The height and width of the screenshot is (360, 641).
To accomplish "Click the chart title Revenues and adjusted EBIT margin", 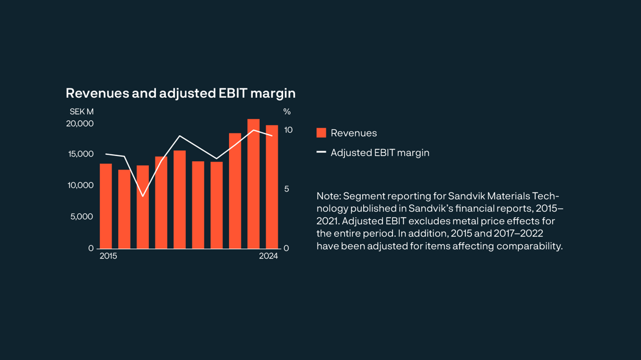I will (x=180, y=93).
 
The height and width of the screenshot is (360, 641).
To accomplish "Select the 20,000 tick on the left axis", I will (x=80, y=123).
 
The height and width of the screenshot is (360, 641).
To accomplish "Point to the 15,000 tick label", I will (x=81, y=154).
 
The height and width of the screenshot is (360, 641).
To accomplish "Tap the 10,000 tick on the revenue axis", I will (x=81, y=186).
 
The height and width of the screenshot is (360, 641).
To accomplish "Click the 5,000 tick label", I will (x=82, y=217).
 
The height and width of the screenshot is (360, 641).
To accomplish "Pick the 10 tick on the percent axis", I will (x=288, y=130).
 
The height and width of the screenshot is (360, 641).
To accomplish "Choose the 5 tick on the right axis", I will (x=286, y=189).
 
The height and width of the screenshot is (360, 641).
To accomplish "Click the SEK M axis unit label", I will (x=81, y=111).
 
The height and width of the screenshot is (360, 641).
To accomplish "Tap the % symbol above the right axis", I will (x=287, y=111).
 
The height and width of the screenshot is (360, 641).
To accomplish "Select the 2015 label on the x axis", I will (x=108, y=256).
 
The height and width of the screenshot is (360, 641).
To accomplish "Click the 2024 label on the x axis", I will (x=268, y=256).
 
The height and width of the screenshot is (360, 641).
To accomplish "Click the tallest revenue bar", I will (x=253, y=184).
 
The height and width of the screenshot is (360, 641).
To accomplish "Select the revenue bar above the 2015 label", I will (x=106, y=206).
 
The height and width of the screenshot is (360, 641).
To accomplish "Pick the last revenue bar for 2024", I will (x=272, y=187).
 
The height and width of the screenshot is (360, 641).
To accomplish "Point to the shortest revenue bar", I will (x=124, y=209).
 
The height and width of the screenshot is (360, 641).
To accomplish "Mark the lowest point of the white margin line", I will (x=142, y=196).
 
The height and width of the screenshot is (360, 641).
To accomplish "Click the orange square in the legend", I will (x=321, y=133).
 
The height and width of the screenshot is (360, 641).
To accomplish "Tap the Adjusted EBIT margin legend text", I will (x=380, y=153).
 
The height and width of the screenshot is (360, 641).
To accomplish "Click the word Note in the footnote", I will (x=328, y=196).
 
